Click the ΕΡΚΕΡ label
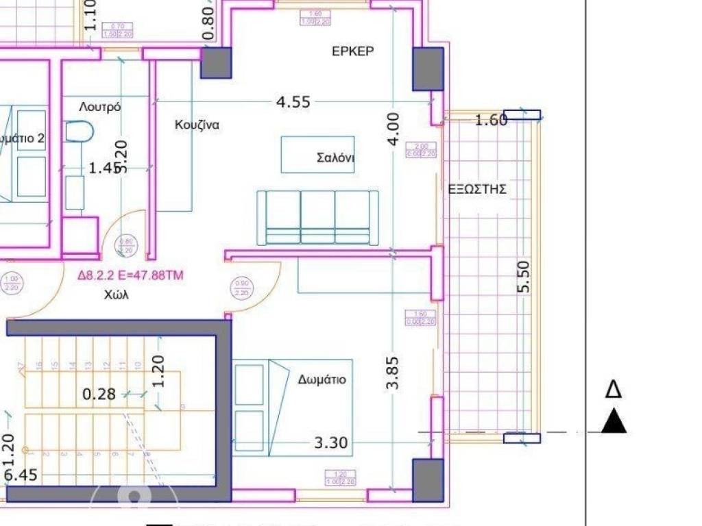353,51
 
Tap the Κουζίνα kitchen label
197,125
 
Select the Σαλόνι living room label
335,157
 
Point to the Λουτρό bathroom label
100,107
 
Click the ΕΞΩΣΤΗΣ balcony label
477,190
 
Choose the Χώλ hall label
117,296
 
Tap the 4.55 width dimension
293,102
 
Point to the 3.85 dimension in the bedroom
393,372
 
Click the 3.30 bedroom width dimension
331,444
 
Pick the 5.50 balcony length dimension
523,277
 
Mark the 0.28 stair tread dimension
99,394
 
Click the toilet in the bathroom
80,131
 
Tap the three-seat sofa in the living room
317,217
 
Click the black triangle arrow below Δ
614,422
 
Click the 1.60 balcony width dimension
491,121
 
